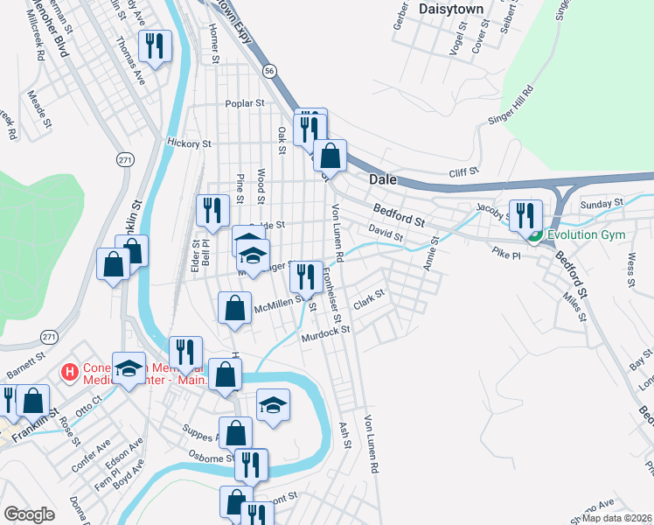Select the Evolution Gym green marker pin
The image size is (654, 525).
point(533,235)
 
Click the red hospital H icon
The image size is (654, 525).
point(69,374)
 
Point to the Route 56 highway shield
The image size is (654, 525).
point(271,69)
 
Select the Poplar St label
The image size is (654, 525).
point(245,103)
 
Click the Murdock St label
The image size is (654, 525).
point(325,333)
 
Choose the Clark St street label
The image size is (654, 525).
point(369,301)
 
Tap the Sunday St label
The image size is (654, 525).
point(602,203)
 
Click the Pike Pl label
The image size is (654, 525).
point(505,255)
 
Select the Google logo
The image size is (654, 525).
point(30,514)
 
